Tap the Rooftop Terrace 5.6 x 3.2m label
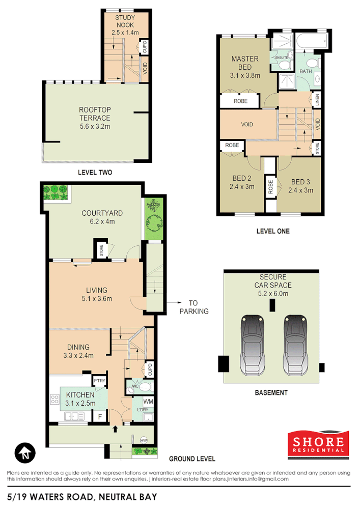[94, 118]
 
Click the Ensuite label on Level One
[282, 58]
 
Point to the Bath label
[306, 72]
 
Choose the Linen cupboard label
[317, 100]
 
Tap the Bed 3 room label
[300, 186]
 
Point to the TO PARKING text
[194, 306]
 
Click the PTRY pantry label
[99, 380]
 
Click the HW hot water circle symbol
[144, 440]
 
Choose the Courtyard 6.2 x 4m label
[102, 217]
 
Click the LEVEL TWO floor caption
[95, 173]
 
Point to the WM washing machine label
[148, 402]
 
